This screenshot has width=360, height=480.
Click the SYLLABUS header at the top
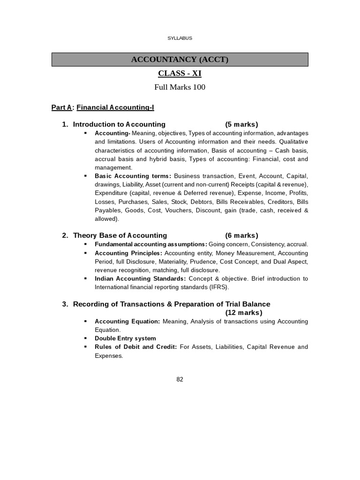coord(180,38)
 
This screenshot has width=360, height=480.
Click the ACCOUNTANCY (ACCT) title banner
coord(180,60)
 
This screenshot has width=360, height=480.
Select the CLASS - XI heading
coord(180,73)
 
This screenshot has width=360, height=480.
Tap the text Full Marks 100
coord(180,87)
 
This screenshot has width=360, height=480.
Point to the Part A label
coord(61,108)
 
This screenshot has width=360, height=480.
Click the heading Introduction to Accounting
coord(119,124)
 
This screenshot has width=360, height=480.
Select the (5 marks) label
coord(241,124)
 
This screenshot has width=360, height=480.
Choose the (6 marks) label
coord(241,235)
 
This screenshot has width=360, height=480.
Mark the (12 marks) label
coord(244,313)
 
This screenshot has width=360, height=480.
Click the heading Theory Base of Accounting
coord(120,235)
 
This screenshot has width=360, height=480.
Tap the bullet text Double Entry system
coord(125,338)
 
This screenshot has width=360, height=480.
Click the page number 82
coord(180,380)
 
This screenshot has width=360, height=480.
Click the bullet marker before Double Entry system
coord(85,338)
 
